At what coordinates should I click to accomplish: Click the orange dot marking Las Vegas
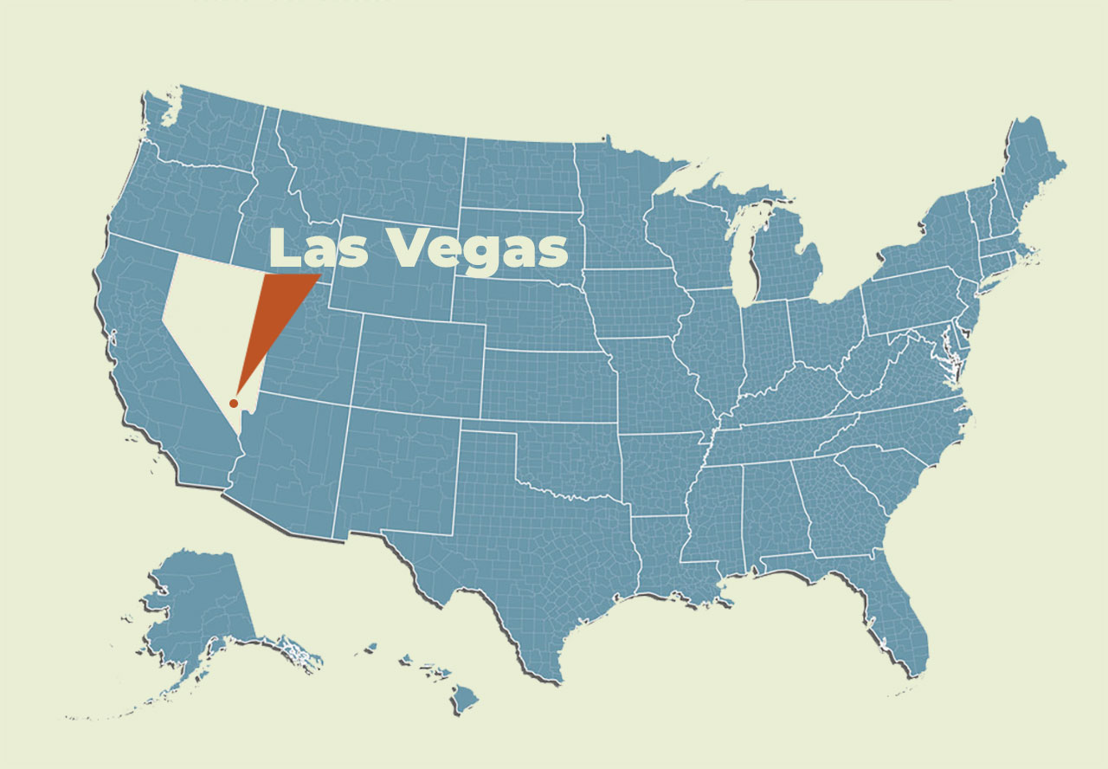coord(233,404)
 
